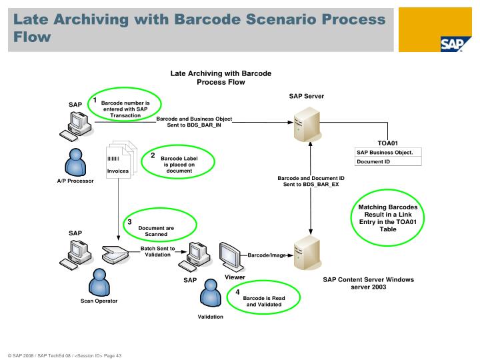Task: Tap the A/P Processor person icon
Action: [x=75, y=163]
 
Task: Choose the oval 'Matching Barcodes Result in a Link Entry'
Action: [x=387, y=218]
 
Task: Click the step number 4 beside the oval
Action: [x=237, y=292]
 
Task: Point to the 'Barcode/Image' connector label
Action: [x=267, y=255]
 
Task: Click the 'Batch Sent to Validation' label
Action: [x=158, y=251]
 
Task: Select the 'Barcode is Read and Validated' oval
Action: [x=264, y=301]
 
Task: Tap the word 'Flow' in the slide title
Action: [x=32, y=37]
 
